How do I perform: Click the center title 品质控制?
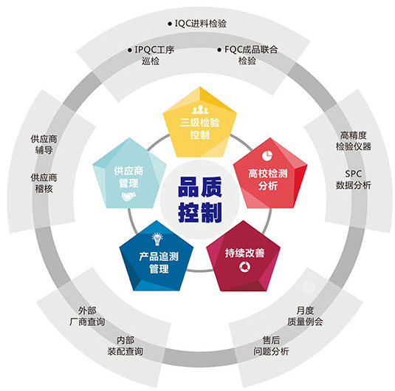click(x=200, y=200)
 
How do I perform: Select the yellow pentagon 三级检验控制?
click(x=200, y=123)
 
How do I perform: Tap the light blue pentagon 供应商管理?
click(x=129, y=174)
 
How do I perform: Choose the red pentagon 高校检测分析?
click(x=270, y=174)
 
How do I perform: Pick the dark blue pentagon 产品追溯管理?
click(x=157, y=257)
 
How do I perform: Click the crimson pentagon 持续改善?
click(x=244, y=257)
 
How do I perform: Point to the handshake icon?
click(x=128, y=197)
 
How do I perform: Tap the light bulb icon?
click(x=157, y=239)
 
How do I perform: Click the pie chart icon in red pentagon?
click(x=267, y=155)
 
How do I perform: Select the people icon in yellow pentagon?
click(x=200, y=109)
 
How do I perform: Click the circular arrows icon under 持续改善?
click(x=245, y=267)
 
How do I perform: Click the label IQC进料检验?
click(x=197, y=24)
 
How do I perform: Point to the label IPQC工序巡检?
click(x=151, y=55)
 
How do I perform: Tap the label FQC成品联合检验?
click(x=247, y=55)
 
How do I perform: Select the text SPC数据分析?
click(x=354, y=180)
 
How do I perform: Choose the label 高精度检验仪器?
click(x=354, y=140)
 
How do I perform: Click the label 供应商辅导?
click(x=44, y=144)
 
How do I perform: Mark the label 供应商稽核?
click(x=44, y=183)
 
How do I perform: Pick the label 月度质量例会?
click(x=305, y=316)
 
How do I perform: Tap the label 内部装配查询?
click(x=126, y=346)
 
